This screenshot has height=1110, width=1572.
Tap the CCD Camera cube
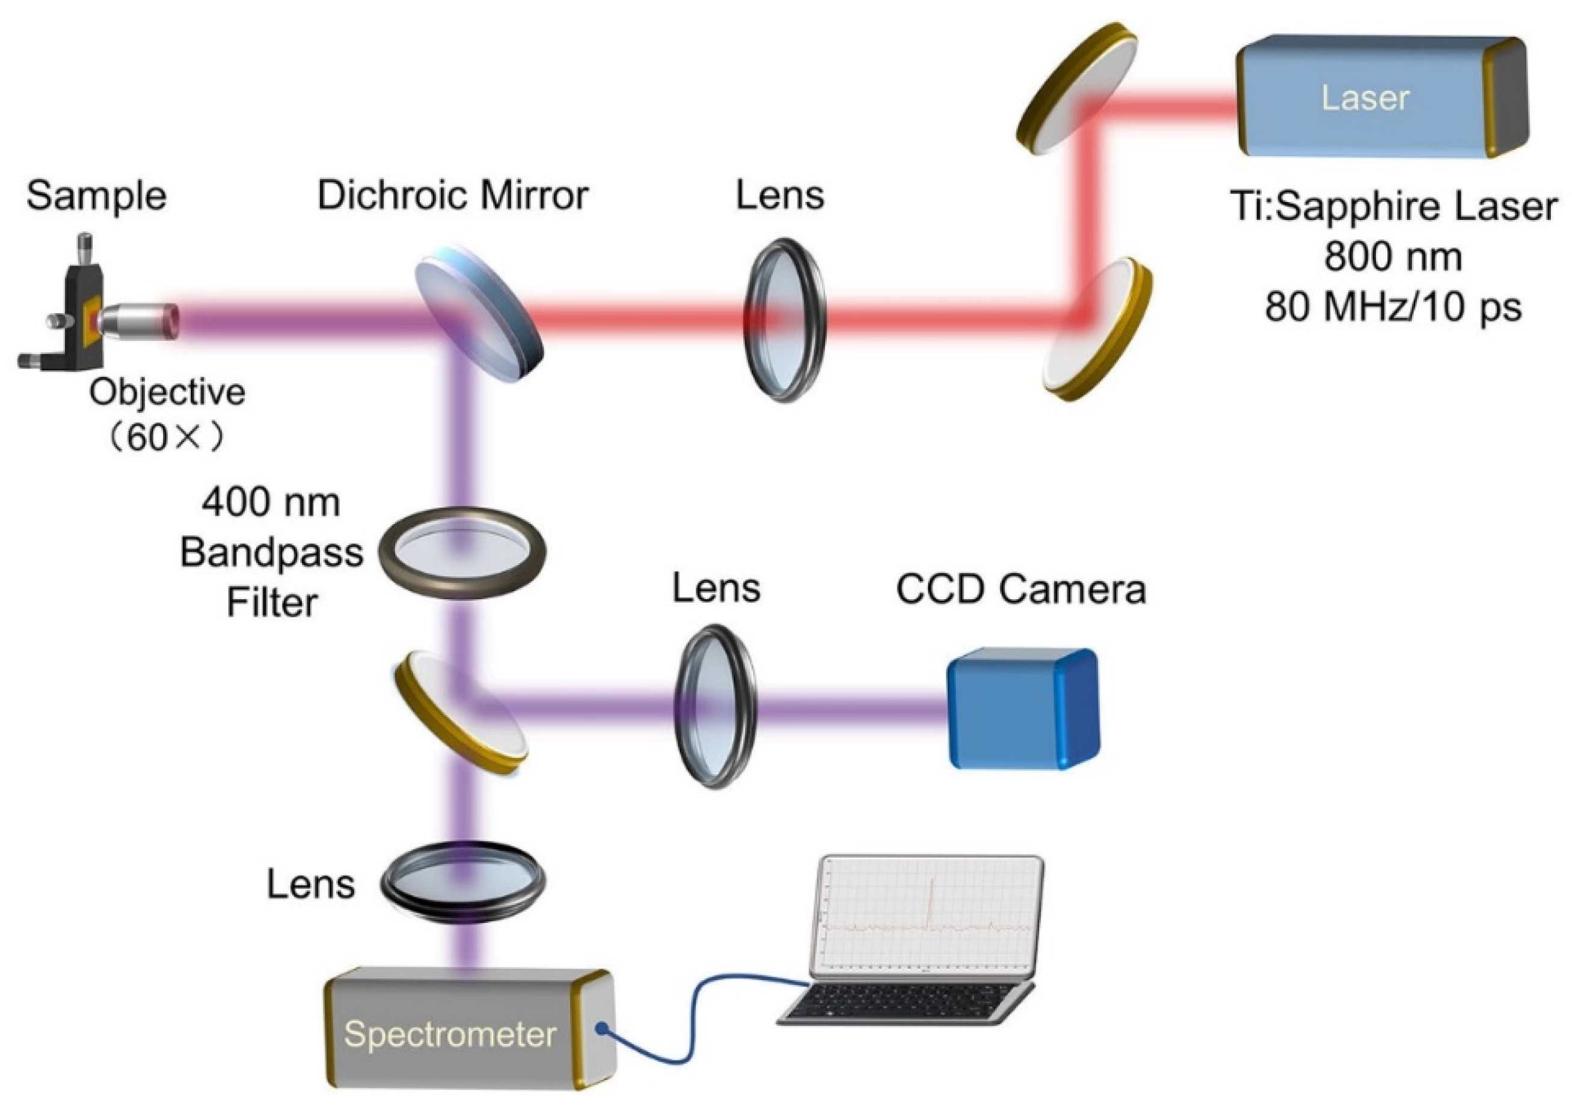coord(1023,709)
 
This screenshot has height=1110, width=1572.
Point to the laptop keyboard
coord(904,1002)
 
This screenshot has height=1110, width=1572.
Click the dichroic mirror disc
coord(479,314)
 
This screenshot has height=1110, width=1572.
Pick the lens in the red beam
coord(785,320)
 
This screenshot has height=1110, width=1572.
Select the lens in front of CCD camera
coord(716,706)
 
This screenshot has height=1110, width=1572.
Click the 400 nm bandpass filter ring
coord(463,553)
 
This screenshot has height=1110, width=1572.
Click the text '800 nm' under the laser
coord(1392,257)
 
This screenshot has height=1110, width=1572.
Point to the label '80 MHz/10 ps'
coord(1392,306)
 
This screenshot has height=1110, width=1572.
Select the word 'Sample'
coord(97,197)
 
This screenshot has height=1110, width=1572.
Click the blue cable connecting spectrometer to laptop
coord(692,1026)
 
